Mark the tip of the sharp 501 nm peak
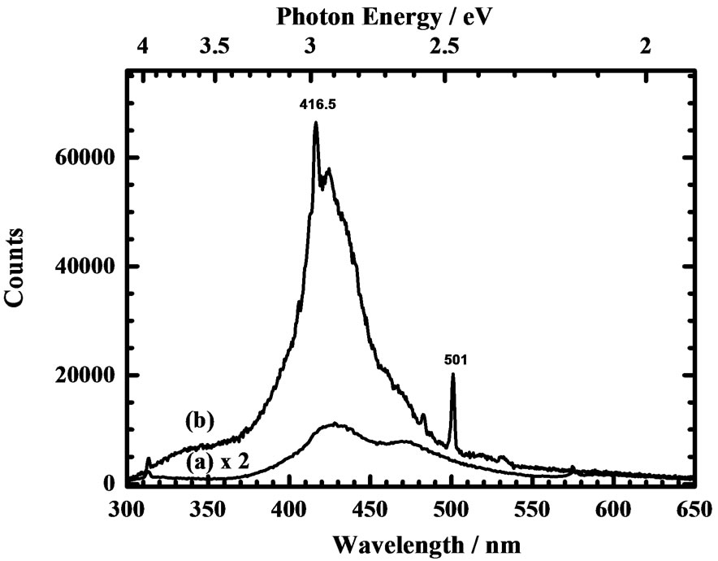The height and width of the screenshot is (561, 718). [452, 375]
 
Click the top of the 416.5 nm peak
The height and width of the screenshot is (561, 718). [316, 123]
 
